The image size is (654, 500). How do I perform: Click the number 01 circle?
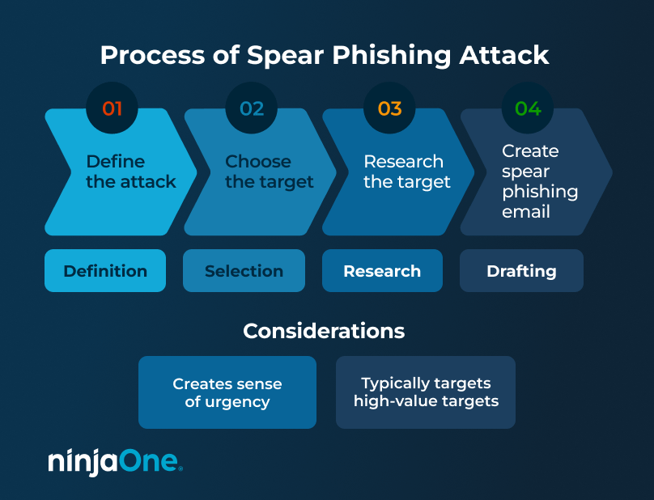pos(112,108)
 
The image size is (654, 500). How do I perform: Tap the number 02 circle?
pos(252,108)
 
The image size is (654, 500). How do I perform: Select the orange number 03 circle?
pos(389,108)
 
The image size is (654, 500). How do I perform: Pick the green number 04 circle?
pos(528,108)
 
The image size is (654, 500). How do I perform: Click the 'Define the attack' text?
pos(130,172)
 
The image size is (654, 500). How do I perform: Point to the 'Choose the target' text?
pos(269,172)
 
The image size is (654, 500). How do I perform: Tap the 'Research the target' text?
pos(406,172)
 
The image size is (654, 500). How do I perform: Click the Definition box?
pos(105,271)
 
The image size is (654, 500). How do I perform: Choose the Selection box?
pos(244,271)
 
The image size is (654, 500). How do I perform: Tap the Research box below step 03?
pos(382,271)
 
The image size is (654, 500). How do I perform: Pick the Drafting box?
pos(521,271)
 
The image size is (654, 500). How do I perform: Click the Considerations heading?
pos(324,331)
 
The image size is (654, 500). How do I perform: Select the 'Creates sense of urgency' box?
pos(227,392)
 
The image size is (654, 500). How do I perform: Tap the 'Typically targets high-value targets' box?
pos(426,392)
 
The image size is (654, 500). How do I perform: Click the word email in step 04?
pos(526,212)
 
